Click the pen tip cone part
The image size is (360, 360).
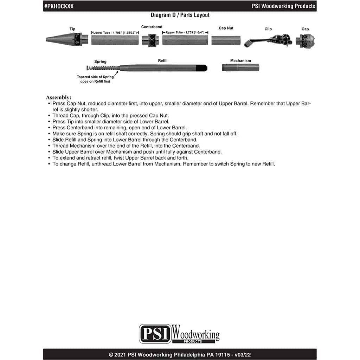coord(66,39)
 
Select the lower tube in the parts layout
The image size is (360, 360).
coord(115,40)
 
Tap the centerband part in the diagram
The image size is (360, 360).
coord(150,40)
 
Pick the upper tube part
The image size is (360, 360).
coord(185,40)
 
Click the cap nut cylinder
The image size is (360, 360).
coord(226,40)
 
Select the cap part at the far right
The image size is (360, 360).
coord(306,41)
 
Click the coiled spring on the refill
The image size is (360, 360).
coord(103,68)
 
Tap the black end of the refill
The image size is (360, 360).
coord(202,68)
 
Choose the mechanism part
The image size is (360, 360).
coord(240,67)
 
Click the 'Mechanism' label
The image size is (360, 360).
coord(240,60)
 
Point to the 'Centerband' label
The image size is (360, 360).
coord(152,27)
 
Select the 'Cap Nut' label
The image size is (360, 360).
coord(226,28)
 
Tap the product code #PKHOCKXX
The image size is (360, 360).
coord(59,6)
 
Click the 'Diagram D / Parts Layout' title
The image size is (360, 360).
coord(180,15)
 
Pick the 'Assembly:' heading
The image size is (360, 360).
coord(59,97)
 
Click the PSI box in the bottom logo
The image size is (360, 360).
coord(155,334)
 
